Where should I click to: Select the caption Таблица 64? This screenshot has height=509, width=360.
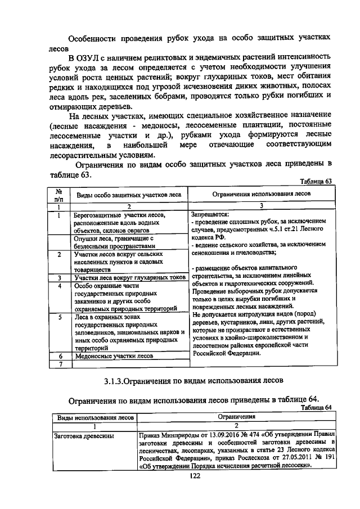click(317, 408)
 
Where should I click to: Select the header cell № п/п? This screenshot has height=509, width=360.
click(57, 195)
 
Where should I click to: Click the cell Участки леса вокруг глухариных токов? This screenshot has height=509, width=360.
click(129, 278)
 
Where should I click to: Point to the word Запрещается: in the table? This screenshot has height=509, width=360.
click(210, 215)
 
